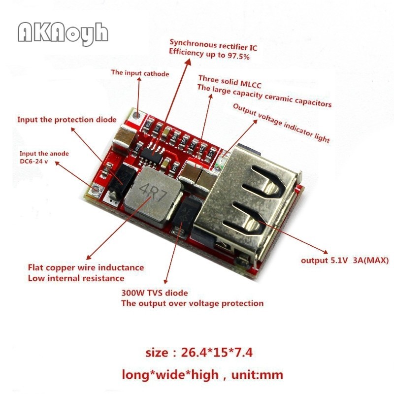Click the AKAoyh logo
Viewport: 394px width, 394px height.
(x=63, y=33)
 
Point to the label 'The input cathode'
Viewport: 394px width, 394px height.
(x=140, y=73)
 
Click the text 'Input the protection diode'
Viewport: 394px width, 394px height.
(x=67, y=119)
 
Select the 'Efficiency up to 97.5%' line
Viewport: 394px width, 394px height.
(x=209, y=57)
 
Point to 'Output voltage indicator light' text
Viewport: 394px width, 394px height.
(x=281, y=123)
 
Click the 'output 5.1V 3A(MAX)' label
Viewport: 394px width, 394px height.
(x=345, y=260)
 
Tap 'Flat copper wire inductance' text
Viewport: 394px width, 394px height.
(x=86, y=267)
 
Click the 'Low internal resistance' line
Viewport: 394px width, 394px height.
(x=76, y=278)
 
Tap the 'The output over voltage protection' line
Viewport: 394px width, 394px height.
(x=193, y=303)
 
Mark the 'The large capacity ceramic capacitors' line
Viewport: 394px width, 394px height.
(x=264, y=96)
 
